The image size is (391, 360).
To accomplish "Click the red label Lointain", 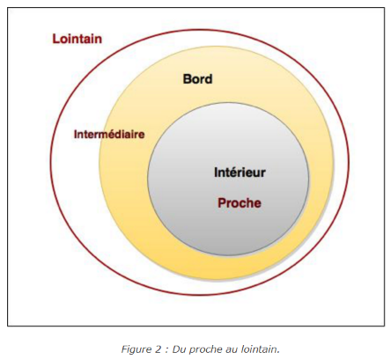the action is click(77, 39).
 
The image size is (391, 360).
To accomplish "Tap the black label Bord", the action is click(197, 79).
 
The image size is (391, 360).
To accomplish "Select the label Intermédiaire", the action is click(109, 134).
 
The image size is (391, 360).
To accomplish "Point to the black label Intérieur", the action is click(240, 173).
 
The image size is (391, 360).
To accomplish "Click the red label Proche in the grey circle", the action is click(240, 202).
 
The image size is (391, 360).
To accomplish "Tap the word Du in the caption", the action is click(178, 349).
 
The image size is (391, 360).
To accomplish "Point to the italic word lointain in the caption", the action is click(260, 349).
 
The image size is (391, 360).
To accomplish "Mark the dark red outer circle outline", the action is click(50, 162).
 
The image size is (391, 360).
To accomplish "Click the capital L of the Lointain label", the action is click(55, 39).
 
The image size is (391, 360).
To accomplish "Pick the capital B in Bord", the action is click(187, 79).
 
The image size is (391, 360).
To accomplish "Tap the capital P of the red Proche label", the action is click(222, 202).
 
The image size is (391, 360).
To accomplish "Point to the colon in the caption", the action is click(166, 350).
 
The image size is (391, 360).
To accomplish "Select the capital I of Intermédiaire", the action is click(76, 134).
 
